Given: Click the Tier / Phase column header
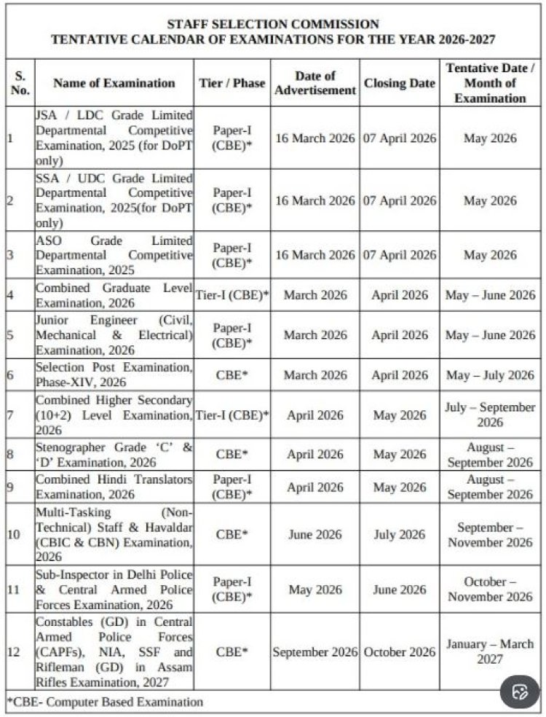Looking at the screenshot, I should (232, 83).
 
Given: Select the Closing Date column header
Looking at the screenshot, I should (399, 83).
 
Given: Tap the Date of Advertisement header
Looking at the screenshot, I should (314, 83).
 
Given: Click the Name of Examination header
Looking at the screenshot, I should (114, 83).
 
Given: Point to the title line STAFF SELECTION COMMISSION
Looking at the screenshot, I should (273, 24).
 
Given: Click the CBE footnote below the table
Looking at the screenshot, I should (105, 702).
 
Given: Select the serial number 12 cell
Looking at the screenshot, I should (14, 651).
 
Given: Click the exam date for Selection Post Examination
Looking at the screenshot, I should (490, 375).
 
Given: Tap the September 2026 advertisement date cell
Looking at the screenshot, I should (314, 652).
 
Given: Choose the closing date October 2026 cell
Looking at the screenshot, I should (399, 652).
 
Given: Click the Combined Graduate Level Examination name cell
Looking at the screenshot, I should (114, 295).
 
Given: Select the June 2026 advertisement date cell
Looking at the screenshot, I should (314, 534).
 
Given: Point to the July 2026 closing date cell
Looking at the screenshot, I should (399, 534).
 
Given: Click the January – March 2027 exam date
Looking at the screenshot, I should (490, 651).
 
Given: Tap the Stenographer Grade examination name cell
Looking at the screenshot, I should (114, 454).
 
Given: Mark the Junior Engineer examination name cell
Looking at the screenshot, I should (114, 335).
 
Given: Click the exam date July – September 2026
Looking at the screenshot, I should (490, 415).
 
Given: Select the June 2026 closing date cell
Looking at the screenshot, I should (399, 589).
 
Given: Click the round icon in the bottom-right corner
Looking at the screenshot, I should (519, 691).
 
